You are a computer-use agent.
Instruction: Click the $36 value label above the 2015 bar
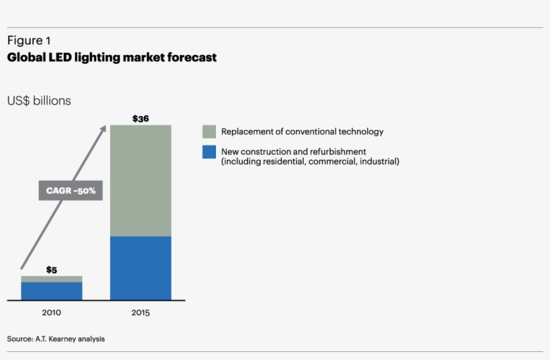click(140, 119)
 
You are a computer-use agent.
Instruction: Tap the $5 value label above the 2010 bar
click(52, 269)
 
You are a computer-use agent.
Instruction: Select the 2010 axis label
click(52, 312)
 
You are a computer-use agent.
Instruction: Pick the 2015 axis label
click(140, 312)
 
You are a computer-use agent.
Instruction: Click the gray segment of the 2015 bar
click(140, 180)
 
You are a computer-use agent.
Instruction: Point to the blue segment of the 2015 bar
click(140, 268)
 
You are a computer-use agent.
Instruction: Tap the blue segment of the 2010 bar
click(52, 291)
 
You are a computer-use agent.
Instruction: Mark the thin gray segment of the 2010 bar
click(52, 279)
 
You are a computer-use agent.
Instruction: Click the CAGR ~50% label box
click(71, 191)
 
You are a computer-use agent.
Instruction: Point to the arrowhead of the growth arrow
click(104, 127)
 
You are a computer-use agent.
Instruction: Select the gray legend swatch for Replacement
click(209, 131)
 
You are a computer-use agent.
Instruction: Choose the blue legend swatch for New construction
click(209, 152)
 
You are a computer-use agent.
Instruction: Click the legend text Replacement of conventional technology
click(302, 131)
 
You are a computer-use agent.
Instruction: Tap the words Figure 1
click(29, 41)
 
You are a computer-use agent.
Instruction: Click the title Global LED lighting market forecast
click(112, 58)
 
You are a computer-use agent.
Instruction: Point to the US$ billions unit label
click(39, 101)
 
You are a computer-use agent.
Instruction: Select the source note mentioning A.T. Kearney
click(56, 339)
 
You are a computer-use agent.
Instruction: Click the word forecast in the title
click(194, 58)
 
